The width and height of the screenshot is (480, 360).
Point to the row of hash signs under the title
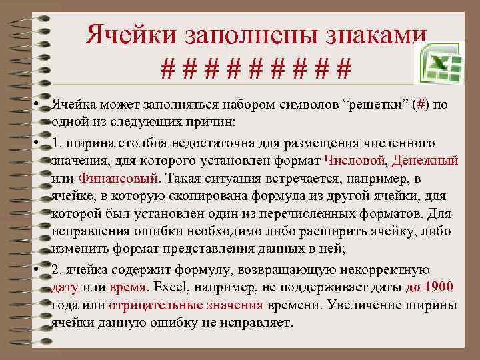click(x=257, y=69)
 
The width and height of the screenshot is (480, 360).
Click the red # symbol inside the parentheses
click(x=419, y=107)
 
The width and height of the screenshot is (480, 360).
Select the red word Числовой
click(x=355, y=161)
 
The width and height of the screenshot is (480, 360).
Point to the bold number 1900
click(x=439, y=287)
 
